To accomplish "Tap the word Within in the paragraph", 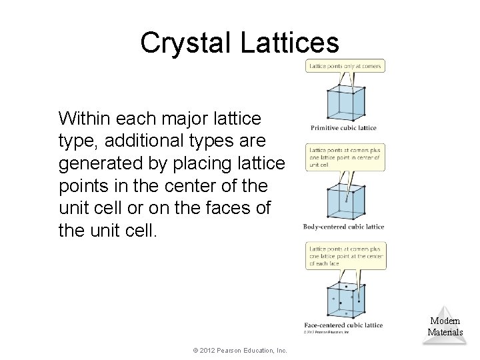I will coord(83,119).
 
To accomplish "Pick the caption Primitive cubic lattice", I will coord(343,128).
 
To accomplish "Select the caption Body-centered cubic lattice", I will coord(343,227).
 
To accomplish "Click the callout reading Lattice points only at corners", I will coord(345,65).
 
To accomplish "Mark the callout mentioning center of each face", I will coord(345,255).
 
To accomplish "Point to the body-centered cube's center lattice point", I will coord(346,199).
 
